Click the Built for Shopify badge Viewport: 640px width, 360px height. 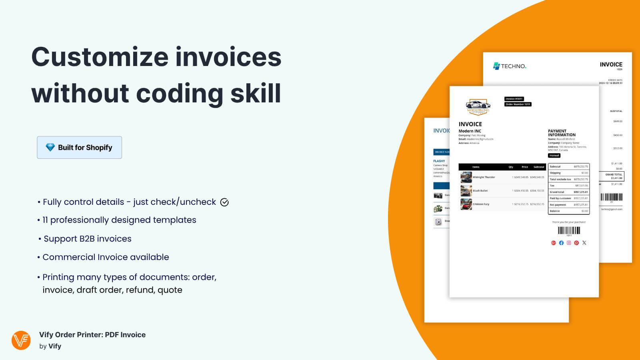coord(79,147)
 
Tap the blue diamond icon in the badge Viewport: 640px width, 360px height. coord(50,147)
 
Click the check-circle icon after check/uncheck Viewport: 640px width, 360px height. coord(224,202)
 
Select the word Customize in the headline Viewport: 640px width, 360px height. coord(100,57)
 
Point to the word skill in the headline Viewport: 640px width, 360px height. coord(256,93)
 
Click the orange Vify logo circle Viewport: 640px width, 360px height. coord(21,340)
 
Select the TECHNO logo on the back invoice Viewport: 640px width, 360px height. coord(510,66)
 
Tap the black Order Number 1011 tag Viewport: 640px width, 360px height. coord(518,104)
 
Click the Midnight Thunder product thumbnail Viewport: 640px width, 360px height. coord(466,177)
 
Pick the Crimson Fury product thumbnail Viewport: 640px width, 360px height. coord(466,204)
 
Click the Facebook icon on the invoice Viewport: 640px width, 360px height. coord(561,243)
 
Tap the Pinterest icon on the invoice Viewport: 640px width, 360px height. coord(576,243)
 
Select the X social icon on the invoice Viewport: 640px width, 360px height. coord(584,243)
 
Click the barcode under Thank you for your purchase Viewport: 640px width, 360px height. coord(569,230)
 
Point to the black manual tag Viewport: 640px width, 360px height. coord(554,156)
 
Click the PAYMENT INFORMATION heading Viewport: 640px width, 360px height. coord(562,133)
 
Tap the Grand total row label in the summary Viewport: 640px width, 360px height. coord(557,192)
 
